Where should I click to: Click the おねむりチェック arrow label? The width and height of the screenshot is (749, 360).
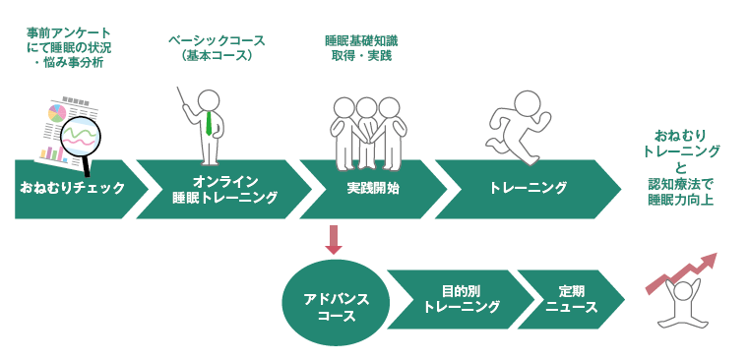point(72,187)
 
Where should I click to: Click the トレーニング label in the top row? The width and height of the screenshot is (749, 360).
point(528,187)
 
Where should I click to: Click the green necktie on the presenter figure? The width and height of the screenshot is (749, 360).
point(210,123)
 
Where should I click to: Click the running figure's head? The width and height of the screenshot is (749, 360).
point(530,101)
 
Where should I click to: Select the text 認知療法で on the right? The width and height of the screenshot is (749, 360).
point(680,183)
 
